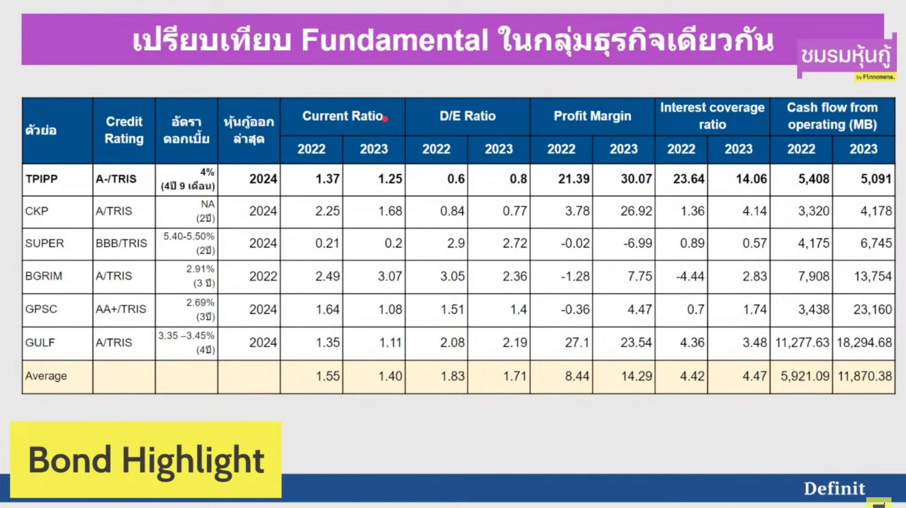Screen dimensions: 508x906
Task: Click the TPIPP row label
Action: (x=42, y=179)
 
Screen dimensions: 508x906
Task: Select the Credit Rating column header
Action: (x=124, y=130)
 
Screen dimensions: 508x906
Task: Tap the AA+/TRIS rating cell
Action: (x=121, y=309)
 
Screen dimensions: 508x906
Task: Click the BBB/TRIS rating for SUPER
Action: (x=121, y=243)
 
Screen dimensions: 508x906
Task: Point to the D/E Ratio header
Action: (x=467, y=116)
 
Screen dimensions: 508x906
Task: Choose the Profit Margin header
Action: (x=592, y=116)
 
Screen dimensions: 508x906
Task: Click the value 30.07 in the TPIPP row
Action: (x=636, y=179)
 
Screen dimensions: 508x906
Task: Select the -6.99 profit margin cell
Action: (x=637, y=243)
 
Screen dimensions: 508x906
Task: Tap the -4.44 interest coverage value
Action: (x=690, y=276)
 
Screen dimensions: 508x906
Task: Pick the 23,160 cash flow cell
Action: (x=872, y=309)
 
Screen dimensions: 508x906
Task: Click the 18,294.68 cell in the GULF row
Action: (x=864, y=343)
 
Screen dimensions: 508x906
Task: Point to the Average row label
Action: (x=46, y=376)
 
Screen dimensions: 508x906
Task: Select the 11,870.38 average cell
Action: (x=864, y=376)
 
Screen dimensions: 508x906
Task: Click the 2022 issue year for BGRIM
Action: (x=263, y=276)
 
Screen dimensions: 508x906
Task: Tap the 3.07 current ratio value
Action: (x=390, y=276)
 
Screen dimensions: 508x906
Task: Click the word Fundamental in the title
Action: (x=395, y=40)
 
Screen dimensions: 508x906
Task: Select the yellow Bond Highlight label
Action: (x=146, y=460)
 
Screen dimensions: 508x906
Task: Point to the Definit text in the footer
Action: (x=834, y=489)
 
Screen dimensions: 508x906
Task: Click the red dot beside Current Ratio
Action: (x=385, y=119)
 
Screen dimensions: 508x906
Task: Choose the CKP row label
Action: (x=37, y=211)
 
